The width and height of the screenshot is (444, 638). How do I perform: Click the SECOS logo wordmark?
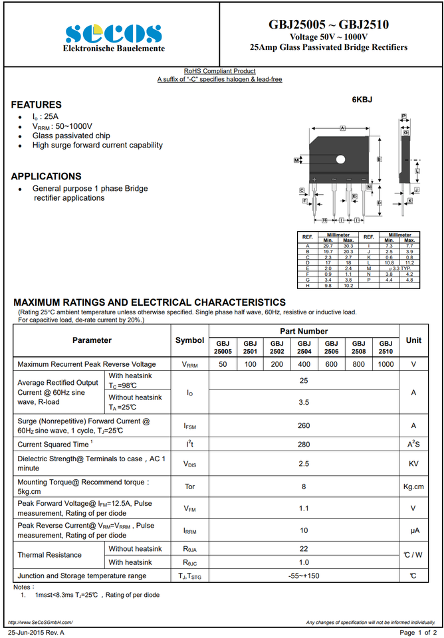coord(114,33)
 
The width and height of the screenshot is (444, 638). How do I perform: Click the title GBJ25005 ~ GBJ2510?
coord(328,25)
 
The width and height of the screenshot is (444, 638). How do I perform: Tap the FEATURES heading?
coord(36,105)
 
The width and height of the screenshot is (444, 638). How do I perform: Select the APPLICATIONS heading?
coord(46,177)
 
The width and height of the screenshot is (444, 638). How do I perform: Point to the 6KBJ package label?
coord(362,100)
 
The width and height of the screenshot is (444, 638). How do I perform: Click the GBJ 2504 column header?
coord(304,347)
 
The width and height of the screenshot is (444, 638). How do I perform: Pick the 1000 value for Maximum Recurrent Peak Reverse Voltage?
coord(386,364)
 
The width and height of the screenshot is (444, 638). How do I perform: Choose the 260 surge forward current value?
coord(304,426)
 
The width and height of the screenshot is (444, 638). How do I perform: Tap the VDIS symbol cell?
coord(189,464)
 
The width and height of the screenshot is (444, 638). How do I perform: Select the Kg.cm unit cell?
coord(413,487)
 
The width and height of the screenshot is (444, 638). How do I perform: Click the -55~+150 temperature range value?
coord(304,576)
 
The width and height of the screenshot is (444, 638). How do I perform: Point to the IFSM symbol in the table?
coord(189,426)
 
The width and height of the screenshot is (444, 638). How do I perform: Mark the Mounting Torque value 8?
coord(304,487)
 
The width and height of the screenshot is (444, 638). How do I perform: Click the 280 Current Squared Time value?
coord(304,444)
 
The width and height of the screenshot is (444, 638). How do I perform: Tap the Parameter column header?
coord(92,340)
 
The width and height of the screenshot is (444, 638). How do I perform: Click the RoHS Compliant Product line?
coord(219,71)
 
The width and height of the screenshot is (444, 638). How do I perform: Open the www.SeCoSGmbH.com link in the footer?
coord(40,622)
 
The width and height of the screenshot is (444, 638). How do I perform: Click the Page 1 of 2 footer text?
coord(417,632)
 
